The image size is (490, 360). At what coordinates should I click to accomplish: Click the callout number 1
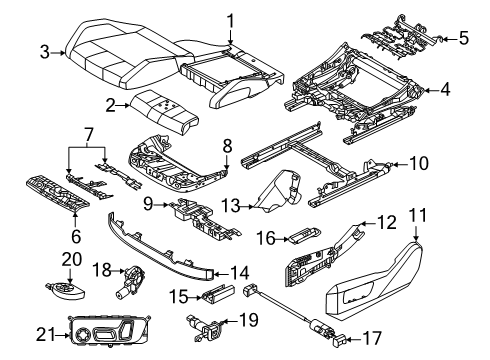click(229, 19)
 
